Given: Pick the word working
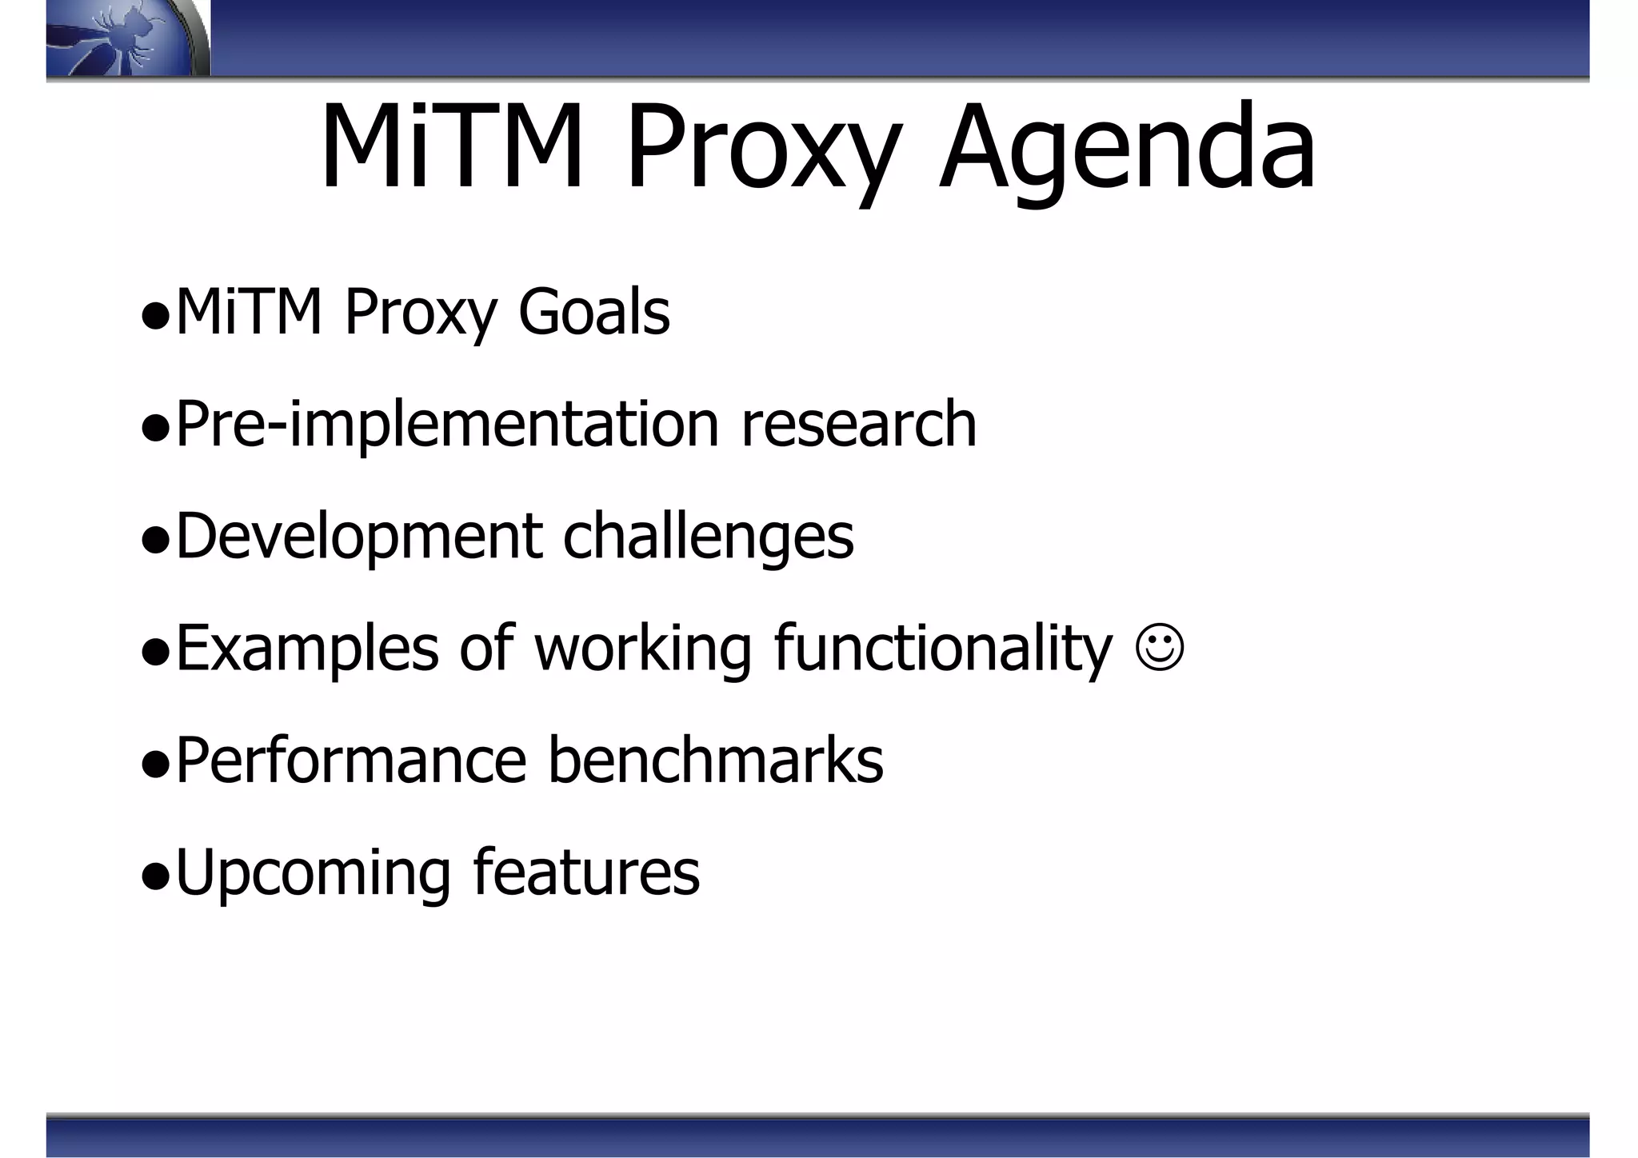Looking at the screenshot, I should click(643, 649).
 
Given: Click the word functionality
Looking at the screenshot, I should click(943, 649).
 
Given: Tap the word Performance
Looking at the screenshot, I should click(350, 760).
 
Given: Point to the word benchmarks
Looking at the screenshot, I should click(715, 760).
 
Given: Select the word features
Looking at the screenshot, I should click(586, 872).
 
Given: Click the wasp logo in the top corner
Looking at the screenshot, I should click(128, 38).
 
